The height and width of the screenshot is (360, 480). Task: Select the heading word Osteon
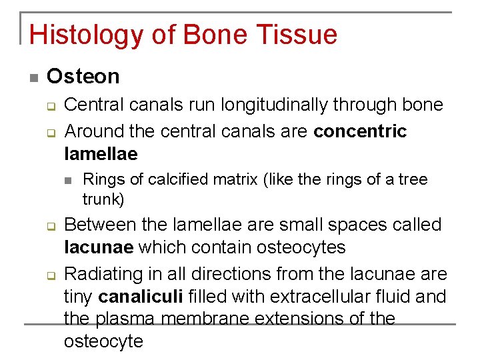(83, 77)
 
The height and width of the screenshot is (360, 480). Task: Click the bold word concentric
(359, 131)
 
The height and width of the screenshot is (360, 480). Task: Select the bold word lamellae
(101, 154)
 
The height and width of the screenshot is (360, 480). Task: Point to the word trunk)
(103, 199)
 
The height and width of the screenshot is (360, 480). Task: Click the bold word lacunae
(97, 247)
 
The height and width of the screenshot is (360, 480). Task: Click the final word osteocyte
(103, 341)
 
